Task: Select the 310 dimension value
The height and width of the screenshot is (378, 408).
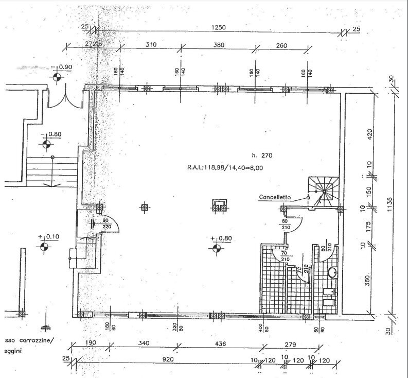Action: [150, 45]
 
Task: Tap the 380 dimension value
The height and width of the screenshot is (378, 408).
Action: [219, 45]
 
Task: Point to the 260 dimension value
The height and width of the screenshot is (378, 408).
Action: [281, 45]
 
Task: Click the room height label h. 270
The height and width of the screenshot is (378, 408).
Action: [261, 155]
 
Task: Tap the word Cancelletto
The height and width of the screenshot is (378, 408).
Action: [275, 197]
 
